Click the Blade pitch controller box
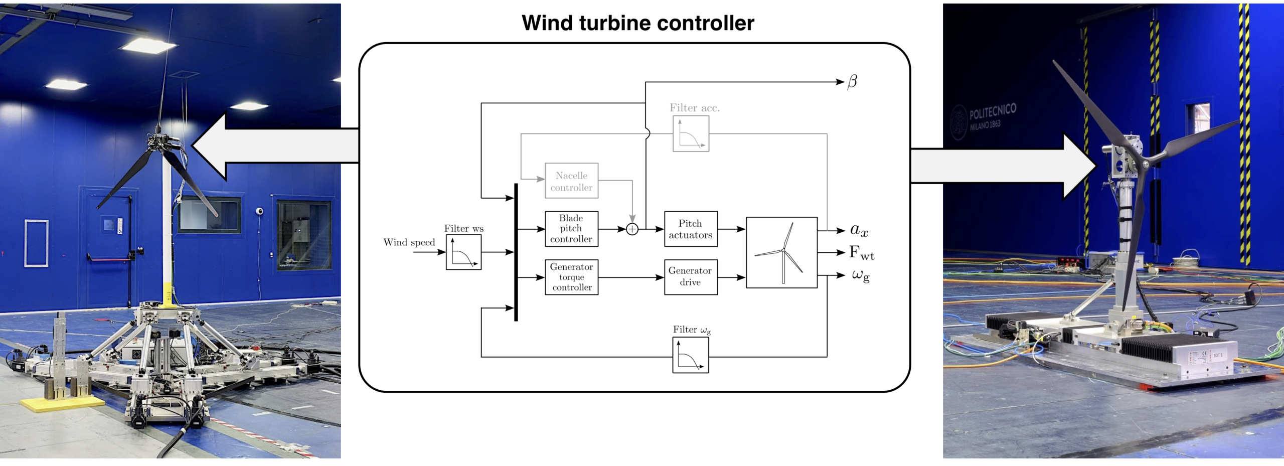[x=571, y=229]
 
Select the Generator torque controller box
[x=571, y=277]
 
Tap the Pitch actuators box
[x=691, y=229]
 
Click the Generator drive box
[x=691, y=276]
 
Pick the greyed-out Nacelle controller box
[x=571, y=181]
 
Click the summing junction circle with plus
[x=632, y=229]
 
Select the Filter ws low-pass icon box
[x=463, y=252]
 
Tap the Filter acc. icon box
[x=691, y=133]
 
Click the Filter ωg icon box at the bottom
[x=691, y=355]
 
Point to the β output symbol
[x=852, y=82]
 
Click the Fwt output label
[x=861, y=253]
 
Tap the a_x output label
[x=859, y=230]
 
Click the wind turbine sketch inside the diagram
[x=781, y=252]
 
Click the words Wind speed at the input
[x=409, y=242]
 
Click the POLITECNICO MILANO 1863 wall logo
[x=983, y=119]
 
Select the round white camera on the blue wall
[x=260, y=211]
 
